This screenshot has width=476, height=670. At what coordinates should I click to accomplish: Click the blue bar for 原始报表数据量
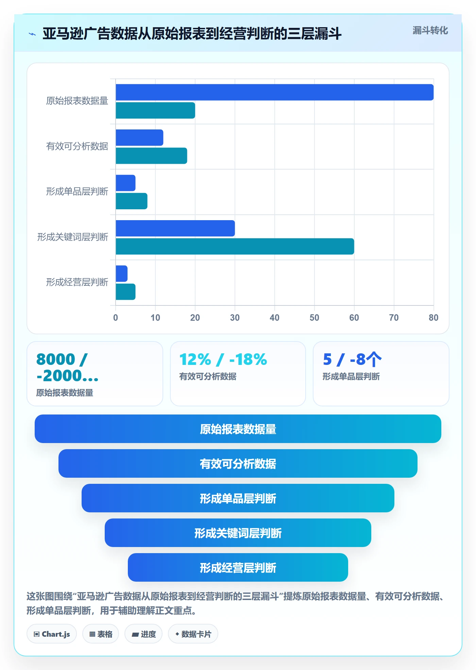[275, 92]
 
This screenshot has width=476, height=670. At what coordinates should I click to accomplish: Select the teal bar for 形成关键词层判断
[235, 246]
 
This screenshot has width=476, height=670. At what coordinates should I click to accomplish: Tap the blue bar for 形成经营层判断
[122, 274]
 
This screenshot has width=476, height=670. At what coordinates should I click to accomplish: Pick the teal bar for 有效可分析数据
[151, 156]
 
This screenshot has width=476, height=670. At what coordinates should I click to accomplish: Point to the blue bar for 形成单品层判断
[125, 183]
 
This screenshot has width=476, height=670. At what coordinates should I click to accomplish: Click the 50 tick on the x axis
[314, 318]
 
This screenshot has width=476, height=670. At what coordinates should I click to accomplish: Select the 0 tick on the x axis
[116, 318]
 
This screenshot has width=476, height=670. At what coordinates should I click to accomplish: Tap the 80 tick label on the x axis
[434, 318]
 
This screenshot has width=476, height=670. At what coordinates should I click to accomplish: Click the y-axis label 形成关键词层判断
[73, 237]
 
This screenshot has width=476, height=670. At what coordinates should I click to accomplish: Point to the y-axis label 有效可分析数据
[77, 146]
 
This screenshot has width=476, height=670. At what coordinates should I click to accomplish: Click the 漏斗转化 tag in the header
[430, 31]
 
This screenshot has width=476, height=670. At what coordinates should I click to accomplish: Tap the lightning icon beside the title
[32, 34]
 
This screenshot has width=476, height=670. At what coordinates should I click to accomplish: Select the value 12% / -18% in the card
[223, 359]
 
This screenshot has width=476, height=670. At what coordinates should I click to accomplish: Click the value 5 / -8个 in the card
[352, 359]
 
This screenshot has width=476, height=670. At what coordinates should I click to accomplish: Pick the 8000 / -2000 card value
[67, 367]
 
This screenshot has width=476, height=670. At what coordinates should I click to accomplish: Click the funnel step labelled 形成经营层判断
[238, 567]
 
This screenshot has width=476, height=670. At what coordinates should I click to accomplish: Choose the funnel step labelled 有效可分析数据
[238, 463]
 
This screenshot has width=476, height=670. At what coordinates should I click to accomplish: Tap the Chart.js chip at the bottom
[52, 634]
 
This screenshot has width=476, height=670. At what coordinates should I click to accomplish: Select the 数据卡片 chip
[193, 634]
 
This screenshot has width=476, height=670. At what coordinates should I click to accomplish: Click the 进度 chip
[143, 634]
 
